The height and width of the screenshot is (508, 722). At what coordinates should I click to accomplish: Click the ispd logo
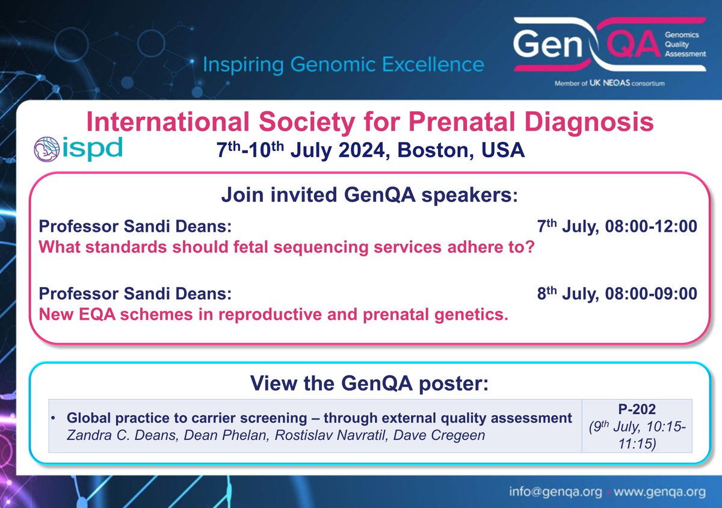78,148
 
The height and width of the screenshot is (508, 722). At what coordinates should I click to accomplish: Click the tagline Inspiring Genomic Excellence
343,64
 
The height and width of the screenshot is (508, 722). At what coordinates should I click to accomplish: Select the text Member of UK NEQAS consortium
609,84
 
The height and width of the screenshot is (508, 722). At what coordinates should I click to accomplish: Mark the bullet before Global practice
55,418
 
